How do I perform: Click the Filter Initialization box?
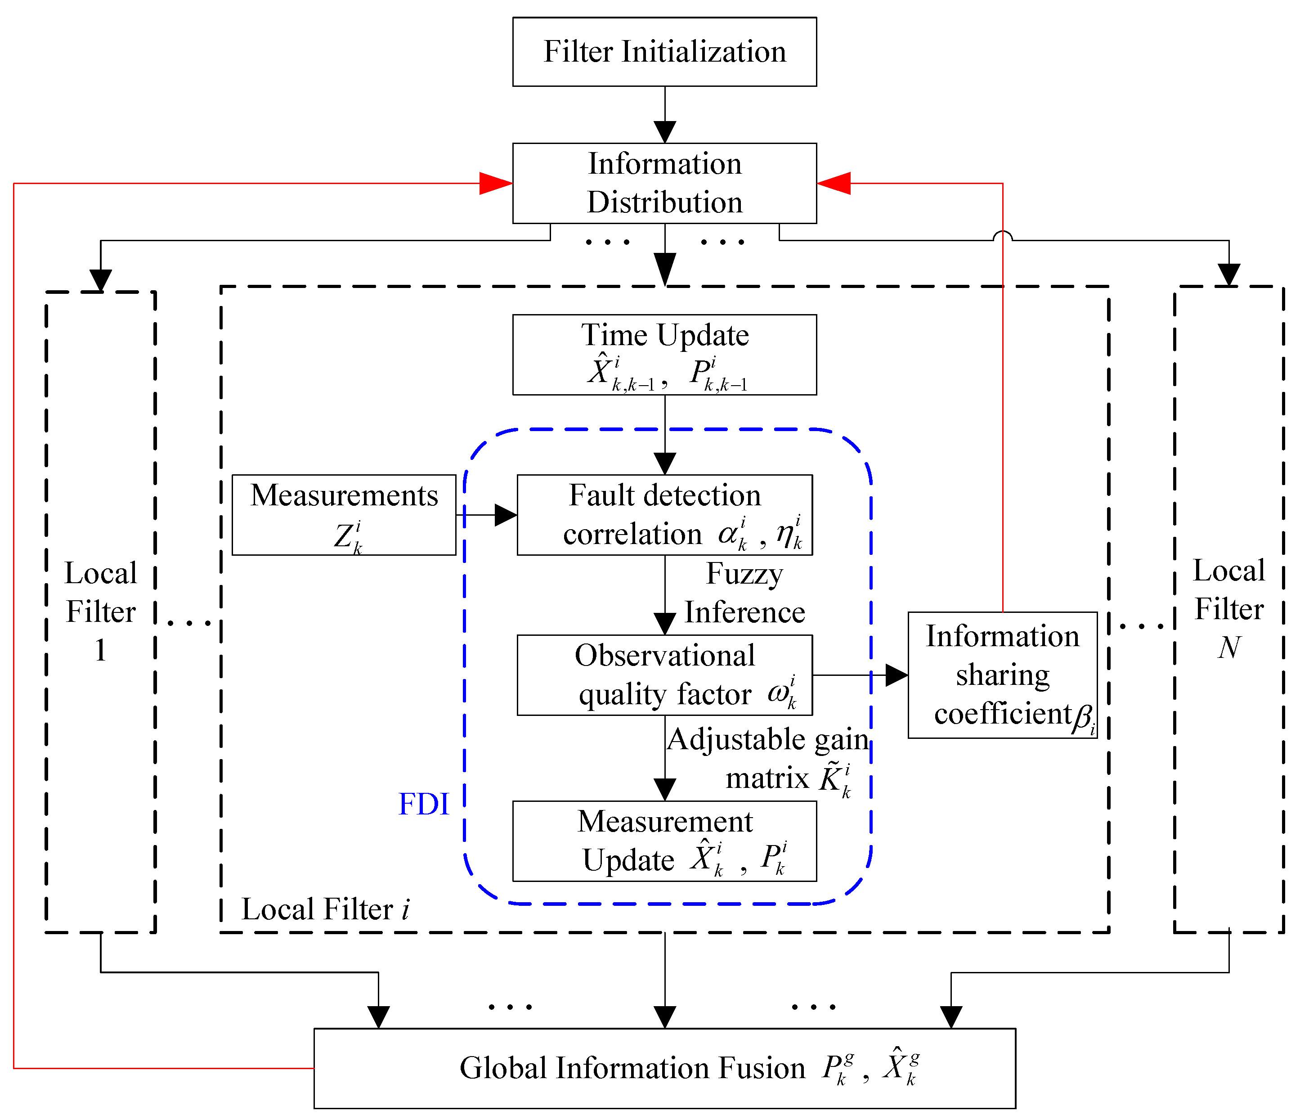[664, 51]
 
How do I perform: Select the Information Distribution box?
[664, 183]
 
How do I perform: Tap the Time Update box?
[664, 355]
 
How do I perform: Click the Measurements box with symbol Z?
[344, 514]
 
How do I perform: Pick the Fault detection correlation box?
[664, 514]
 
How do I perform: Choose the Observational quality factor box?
[664, 675]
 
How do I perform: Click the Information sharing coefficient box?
[1002, 675]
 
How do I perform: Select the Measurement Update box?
[664, 841]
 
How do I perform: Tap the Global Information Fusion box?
[664, 1067]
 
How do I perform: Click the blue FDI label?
[424, 804]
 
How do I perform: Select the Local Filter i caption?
[325, 909]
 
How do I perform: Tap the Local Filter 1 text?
[100, 611]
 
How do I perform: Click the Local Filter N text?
[1228, 609]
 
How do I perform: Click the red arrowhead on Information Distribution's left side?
[496, 183]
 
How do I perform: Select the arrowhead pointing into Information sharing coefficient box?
[896, 675]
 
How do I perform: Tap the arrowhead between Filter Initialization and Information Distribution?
[664, 132]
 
